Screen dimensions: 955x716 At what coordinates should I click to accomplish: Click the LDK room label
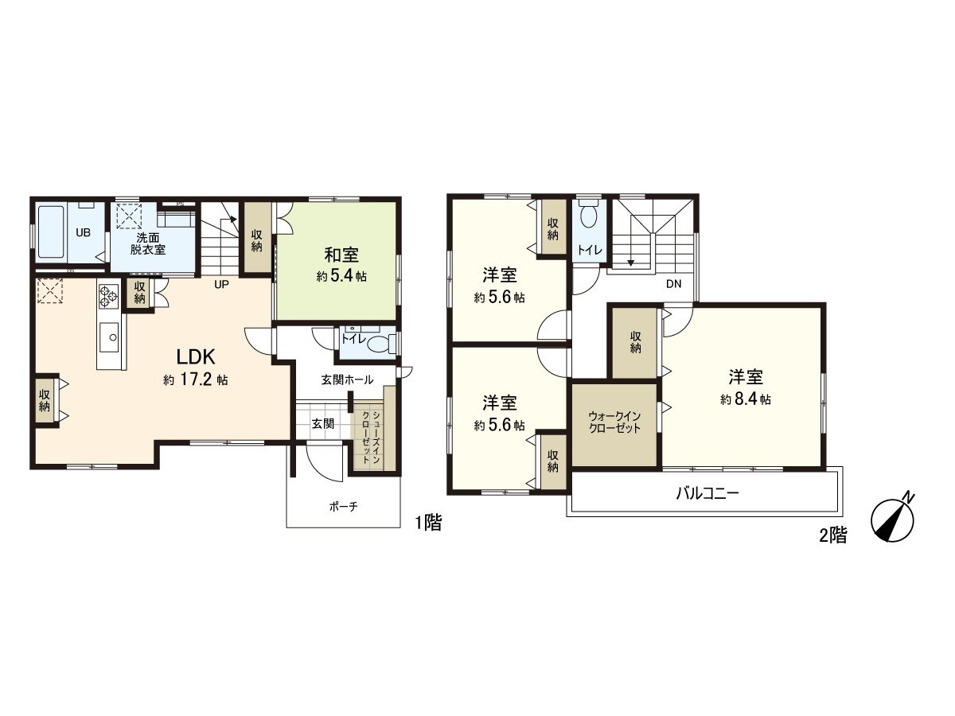pos(195,357)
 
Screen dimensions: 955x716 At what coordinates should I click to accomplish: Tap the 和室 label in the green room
pos(341,255)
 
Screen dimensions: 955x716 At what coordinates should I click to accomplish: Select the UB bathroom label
pos(83,232)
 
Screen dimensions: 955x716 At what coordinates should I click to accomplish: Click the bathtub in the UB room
pos(52,232)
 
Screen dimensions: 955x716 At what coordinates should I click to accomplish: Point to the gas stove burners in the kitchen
pos(109,296)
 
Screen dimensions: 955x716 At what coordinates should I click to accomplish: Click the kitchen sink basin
pos(109,337)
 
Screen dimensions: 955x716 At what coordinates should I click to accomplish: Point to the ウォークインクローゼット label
pos(614,422)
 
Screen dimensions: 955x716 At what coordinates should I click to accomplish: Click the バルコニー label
pos(707,493)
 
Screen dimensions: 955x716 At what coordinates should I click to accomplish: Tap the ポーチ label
pos(343,507)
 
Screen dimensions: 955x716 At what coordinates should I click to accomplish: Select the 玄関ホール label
pos(347,380)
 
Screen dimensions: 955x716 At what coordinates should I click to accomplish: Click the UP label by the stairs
pos(221,285)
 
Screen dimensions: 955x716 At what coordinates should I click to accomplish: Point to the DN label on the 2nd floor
pos(673,284)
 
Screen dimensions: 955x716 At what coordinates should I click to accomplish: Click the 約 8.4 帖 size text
pos(746,399)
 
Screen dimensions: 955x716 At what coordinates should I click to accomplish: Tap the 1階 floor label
pos(427,522)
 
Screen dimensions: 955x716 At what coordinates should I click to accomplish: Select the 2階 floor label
pos(833,535)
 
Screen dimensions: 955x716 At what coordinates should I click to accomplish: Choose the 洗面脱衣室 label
pos(147,244)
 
